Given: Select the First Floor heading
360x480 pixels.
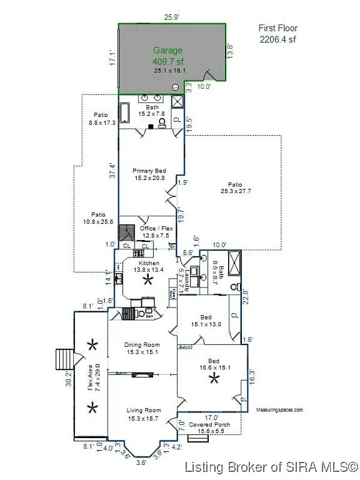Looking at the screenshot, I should point(278,28).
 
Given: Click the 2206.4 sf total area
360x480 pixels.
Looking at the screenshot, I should point(278,38).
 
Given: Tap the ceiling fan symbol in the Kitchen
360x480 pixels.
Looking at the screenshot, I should point(148,280).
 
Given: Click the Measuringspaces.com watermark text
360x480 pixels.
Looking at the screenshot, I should point(279,410).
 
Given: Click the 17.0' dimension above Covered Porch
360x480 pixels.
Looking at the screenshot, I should point(212,417).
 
